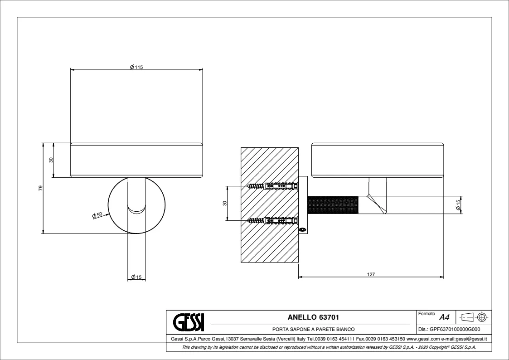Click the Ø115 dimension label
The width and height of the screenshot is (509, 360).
(136, 67)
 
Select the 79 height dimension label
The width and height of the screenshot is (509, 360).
(41, 188)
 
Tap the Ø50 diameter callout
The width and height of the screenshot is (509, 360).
(97, 215)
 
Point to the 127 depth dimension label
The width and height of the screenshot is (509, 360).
(371, 274)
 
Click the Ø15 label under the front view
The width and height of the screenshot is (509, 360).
(136, 277)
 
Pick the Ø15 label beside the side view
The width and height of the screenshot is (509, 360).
(458, 205)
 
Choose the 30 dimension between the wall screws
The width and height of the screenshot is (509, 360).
(225, 203)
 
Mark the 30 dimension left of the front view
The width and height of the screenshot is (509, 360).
(51, 160)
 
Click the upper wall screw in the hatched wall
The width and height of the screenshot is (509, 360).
(273, 186)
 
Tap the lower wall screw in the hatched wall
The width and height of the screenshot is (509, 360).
(273, 221)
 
